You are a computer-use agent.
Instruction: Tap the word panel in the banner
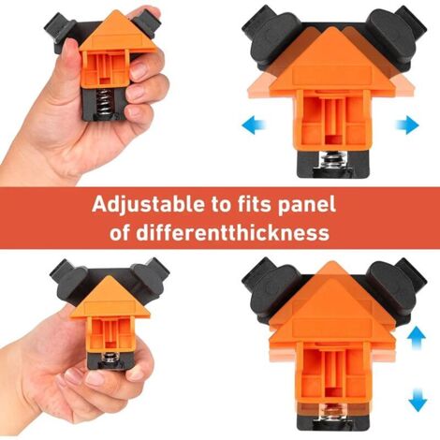(x=307, y=206)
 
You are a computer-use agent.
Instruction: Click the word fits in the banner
(x=249, y=204)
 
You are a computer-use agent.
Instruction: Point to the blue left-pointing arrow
(x=254, y=125)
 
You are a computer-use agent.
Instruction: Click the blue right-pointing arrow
(x=407, y=125)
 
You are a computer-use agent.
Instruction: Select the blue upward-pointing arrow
(x=418, y=339)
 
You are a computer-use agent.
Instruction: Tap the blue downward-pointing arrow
(x=418, y=400)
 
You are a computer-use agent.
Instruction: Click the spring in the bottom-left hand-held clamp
(x=109, y=358)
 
